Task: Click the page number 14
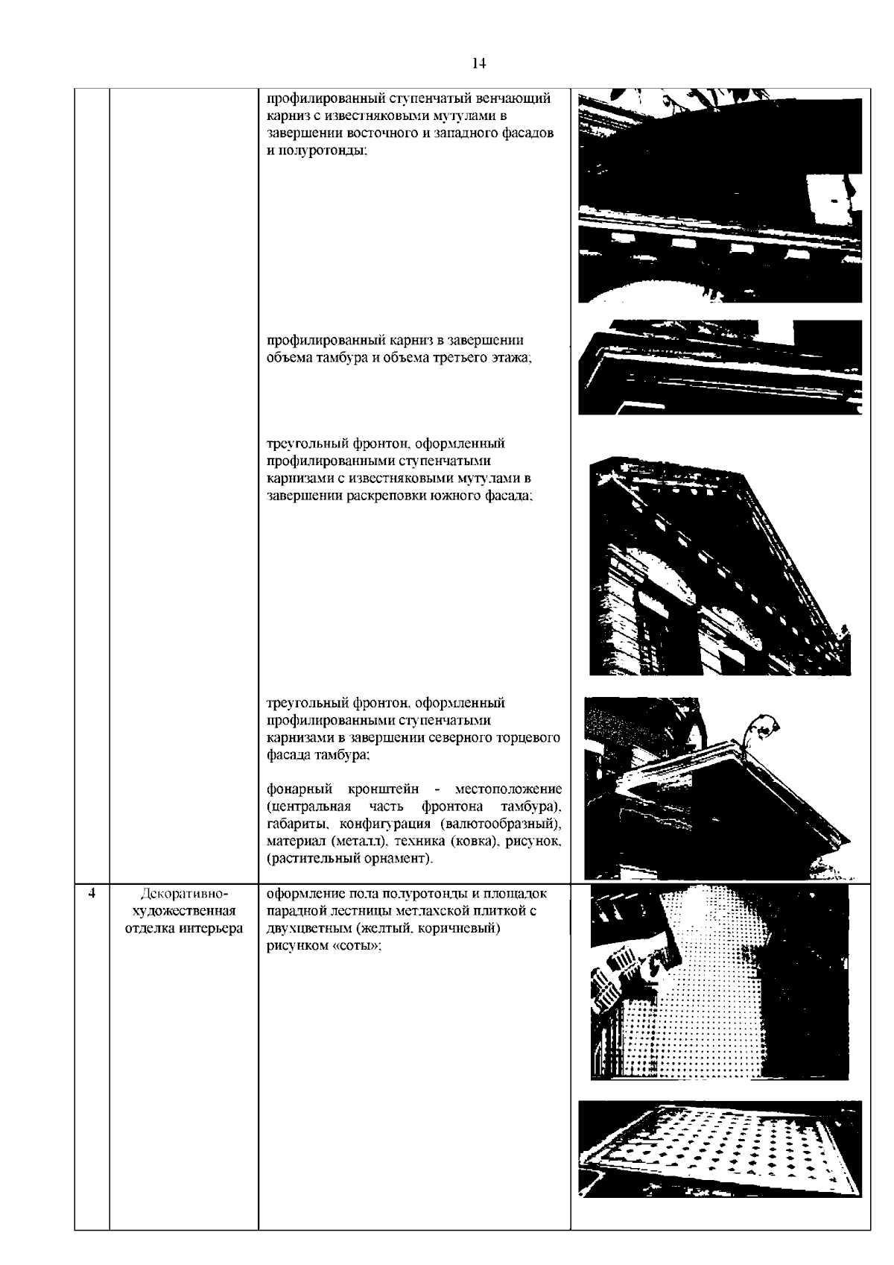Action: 478,63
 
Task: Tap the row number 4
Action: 92,893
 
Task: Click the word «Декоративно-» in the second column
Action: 184,894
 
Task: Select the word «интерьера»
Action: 211,928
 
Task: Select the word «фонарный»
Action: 299,789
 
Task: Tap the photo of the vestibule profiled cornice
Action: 720,367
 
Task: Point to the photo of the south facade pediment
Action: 720,566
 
